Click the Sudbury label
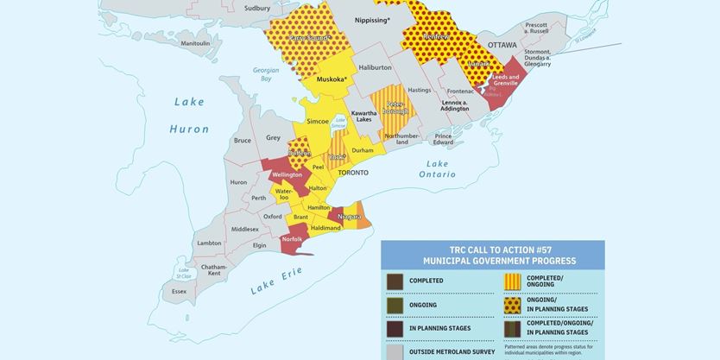pyautogui.click(x=257, y=8)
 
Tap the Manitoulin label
pyautogui.click(x=195, y=43)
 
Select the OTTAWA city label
pyautogui.click(x=502, y=44)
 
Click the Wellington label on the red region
pyautogui.click(x=287, y=174)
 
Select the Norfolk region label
pyautogui.click(x=292, y=238)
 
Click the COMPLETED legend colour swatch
pyautogui.click(x=395, y=281)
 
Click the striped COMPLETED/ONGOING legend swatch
pyautogui.click(x=512, y=281)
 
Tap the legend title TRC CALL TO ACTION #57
pyautogui.click(x=493, y=249)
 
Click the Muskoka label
pyautogui.click(x=332, y=79)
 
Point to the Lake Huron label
pyautogui.click(x=189, y=115)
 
